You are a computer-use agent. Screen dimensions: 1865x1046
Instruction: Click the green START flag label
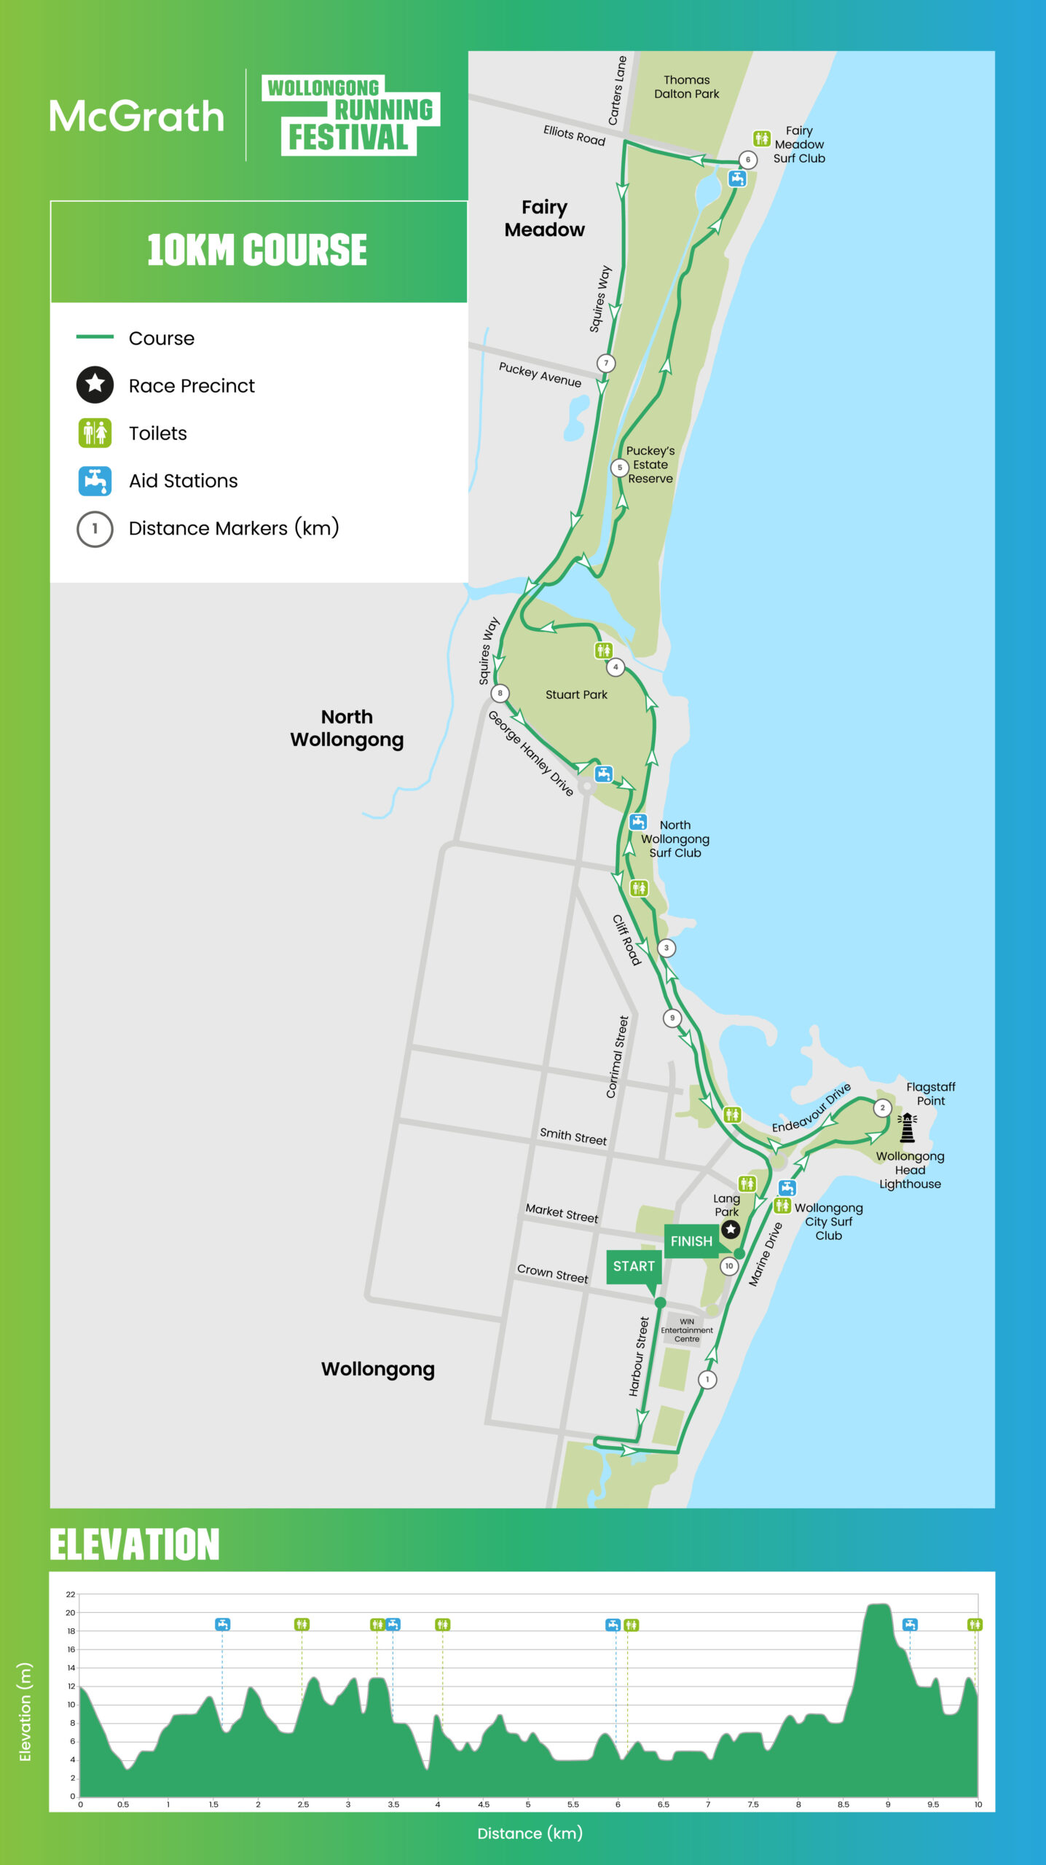pyautogui.click(x=634, y=1266)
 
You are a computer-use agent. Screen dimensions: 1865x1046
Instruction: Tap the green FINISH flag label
pyautogui.click(x=691, y=1241)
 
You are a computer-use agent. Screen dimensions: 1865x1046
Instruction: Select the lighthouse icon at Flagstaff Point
pyautogui.click(x=907, y=1128)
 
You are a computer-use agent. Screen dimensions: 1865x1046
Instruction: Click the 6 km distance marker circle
pyautogui.click(x=747, y=160)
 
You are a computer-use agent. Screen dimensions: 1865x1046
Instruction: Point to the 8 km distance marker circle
pyautogui.click(x=500, y=693)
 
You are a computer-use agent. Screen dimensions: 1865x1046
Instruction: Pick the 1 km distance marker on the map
pyautogui.click(x=707, y=1379)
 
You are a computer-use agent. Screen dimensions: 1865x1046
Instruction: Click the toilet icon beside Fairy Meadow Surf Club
pyautogui.click(x=761, y=138)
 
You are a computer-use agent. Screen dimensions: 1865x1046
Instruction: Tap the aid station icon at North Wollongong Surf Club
pyautogui.click(x=638, y=822)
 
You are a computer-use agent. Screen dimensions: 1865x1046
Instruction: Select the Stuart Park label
pyautogui.click(x=576, y=695)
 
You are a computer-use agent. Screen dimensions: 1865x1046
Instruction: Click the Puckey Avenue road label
pyautogui.click(x=540, y=374)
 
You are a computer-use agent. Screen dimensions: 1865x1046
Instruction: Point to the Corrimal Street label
pyautogui.click(x=617, y=1057)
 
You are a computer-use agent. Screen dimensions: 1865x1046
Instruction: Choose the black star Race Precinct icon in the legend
pyautogui.click(x=95, y=385)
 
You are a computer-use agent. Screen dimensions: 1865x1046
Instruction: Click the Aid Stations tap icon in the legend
pyautogui.click(x=95, y=481)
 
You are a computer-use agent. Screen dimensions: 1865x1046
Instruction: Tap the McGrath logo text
pyautogui.click(x=137, y=117)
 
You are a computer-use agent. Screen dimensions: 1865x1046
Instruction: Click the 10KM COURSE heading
pyautogui.click(x=257, y=250)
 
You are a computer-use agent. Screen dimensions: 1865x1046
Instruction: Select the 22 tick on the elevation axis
pyautogui.click(x=71, y=1594)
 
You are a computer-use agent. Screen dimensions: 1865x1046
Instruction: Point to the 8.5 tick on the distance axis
pyautogui.click(x=843, y=1805)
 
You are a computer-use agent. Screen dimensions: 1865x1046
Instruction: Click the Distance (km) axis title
pyautogui.click(x=530, y=1834)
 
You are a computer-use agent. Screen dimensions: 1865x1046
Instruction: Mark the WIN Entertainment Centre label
pyautogui.click(x=686, y=1330)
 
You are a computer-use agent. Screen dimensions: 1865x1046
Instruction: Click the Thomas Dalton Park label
pyautogui.click(x=686, y=87)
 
